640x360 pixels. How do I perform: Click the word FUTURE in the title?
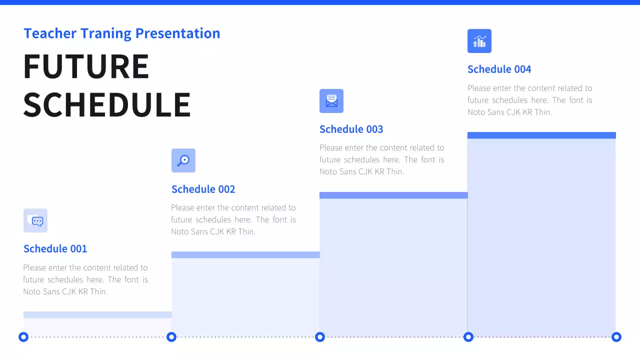click(x=86, y=66)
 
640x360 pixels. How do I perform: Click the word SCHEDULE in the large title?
click(x=107, y=105)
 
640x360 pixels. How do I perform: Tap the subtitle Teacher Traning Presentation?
click(x=121, y=33)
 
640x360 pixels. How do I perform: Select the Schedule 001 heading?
click(x=55, y=249)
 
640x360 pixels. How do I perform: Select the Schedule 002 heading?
click(x=203, y=189)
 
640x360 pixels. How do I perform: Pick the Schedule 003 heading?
click(x=351, y=129)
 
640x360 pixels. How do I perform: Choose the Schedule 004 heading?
click(x=499, y=69)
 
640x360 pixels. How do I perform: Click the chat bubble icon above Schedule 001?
click(x=35, y=220)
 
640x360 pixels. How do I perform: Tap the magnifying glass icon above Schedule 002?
click(x=183, y=160)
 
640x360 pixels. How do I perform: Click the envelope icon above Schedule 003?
click(x=331, y=101)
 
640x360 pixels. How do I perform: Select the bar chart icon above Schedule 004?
click(x=479, y=41)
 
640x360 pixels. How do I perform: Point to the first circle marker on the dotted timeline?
click(x=23, y=337)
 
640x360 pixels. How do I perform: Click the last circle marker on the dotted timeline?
click(x=616, y=337)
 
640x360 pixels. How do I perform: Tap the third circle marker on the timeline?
click(x=320, y=337)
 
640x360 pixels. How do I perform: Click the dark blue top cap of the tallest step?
click(x=541, y=135)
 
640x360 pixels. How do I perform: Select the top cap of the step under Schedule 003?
click(x=393, y=195)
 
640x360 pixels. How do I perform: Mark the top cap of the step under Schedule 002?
click(x=245, y=255)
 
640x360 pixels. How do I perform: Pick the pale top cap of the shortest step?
click(x=97, y=315)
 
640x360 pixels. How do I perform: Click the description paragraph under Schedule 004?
click(x=529, y=100)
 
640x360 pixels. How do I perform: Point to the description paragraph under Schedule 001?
click(x=85, y=279)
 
